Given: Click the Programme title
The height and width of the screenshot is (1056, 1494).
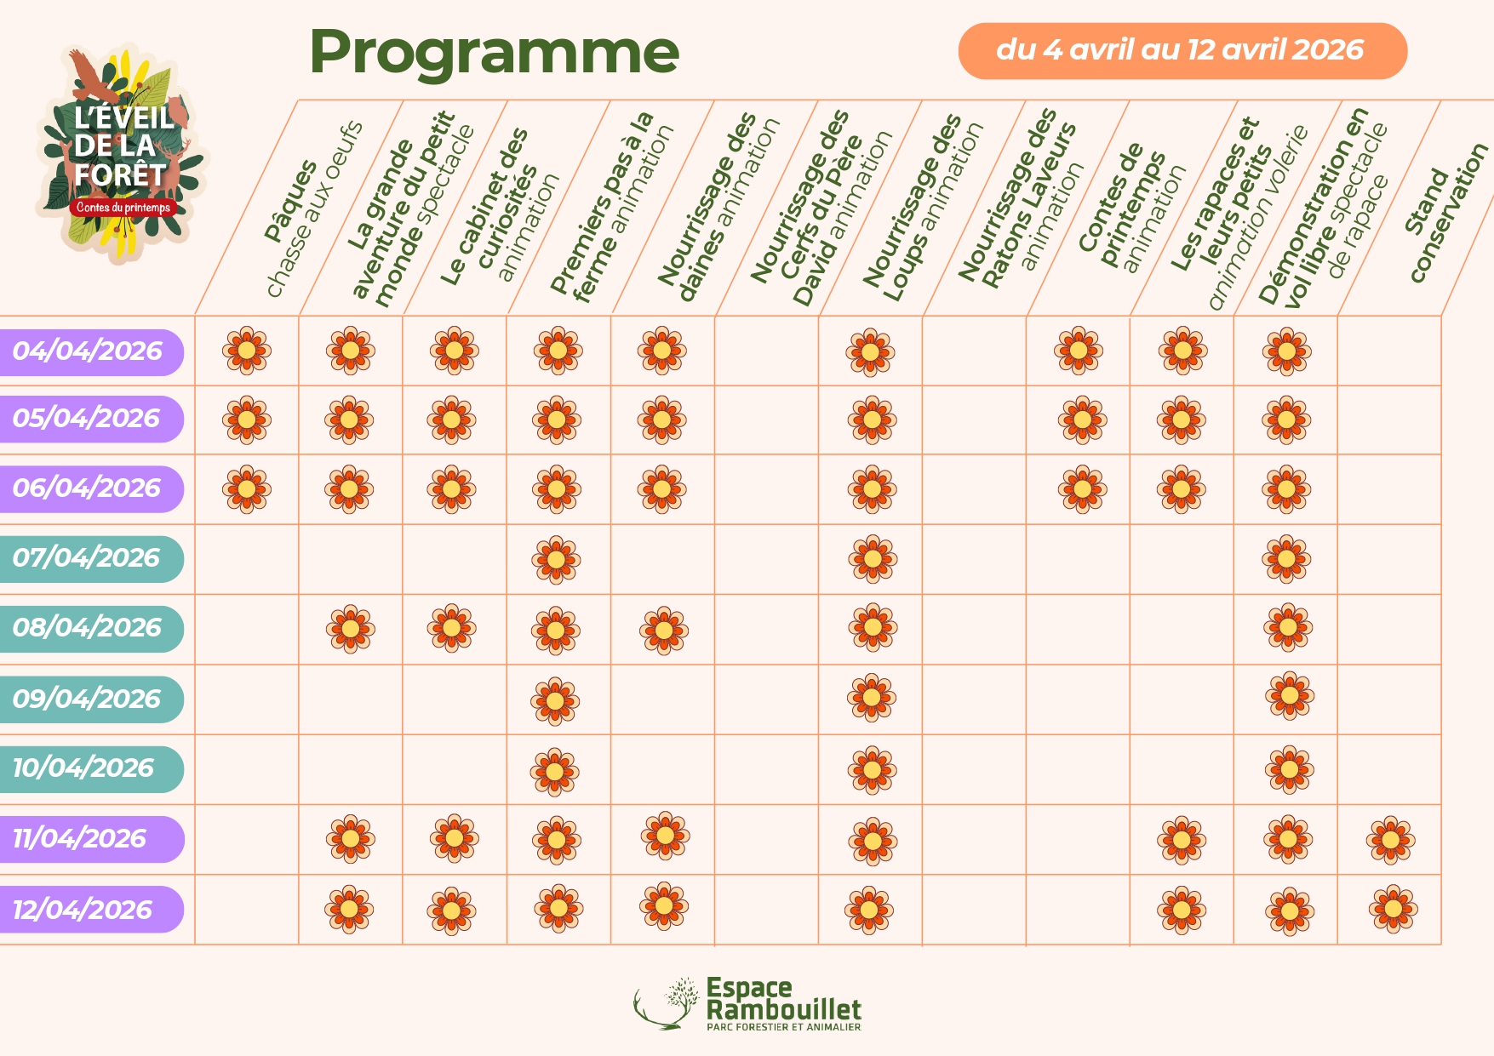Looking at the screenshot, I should click(x=494, y=53).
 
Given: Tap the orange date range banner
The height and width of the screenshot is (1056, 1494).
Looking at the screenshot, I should click(x=1182, y=51).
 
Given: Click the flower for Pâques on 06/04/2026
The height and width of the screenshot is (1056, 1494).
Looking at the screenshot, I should click(x=247, y=489).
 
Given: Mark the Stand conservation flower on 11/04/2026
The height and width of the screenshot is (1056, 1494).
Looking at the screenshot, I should click(x=1390, y=840).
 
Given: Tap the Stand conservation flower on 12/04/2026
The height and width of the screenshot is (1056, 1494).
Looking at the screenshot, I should click(x=1393, y=909).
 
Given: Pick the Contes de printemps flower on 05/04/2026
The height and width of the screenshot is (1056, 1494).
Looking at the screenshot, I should click(x=1082, y=420).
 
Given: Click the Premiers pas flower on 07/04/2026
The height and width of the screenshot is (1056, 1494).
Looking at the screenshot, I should click(x=556, y=559).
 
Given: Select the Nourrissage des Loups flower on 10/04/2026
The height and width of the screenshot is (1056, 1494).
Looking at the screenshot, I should click(x=872, y=770).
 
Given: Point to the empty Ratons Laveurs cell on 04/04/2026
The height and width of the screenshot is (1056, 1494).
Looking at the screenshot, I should click(x=974, y=351).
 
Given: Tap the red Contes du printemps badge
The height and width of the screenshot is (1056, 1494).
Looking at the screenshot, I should click(x=123, y=207).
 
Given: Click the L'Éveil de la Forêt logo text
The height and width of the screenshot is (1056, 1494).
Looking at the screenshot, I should click(x=121, y=146).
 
